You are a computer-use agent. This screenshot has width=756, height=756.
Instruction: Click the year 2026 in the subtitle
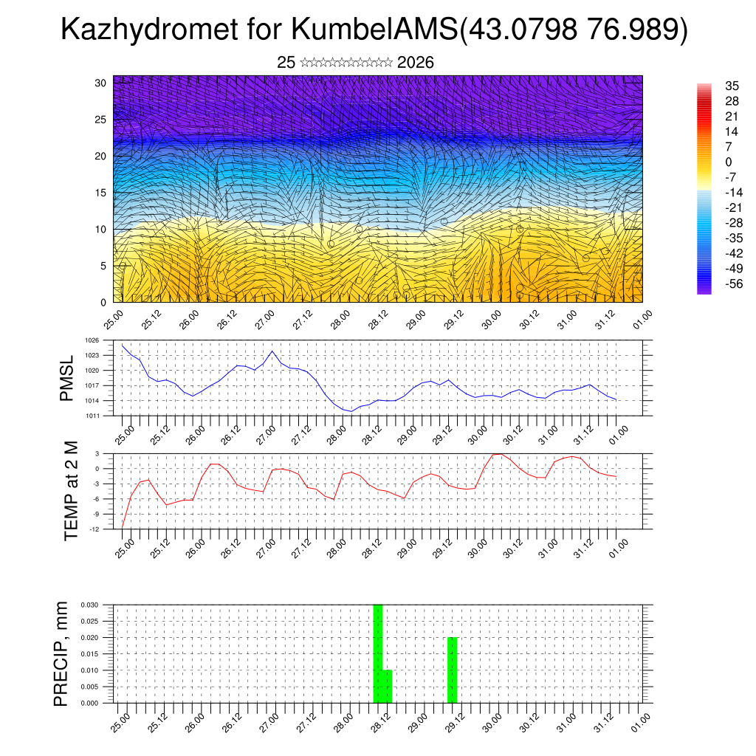(x=415, y=63)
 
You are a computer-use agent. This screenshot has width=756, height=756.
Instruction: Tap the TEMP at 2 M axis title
(x=71, y=490)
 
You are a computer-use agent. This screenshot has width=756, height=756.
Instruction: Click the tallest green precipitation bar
(x=378, y=653)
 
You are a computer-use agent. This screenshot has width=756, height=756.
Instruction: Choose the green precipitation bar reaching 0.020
(x=453, y=670)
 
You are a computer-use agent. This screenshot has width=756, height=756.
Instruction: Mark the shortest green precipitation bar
(x=388, y=687)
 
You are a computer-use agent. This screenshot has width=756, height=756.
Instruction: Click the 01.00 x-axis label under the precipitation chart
(x=641, y=720)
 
